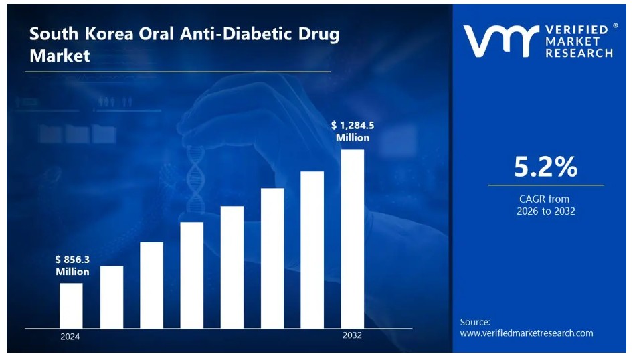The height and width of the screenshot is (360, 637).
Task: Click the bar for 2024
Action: click(71, 305)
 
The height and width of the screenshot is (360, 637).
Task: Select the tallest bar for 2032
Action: click(352, 238)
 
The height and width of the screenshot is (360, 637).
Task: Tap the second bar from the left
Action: click(112, 296)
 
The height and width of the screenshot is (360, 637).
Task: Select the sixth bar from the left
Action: click(272, 258)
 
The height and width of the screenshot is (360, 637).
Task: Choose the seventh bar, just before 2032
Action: click(312, 249)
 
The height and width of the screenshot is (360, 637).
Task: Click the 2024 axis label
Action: click(70, 336)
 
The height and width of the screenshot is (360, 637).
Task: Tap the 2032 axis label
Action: click(352, 335)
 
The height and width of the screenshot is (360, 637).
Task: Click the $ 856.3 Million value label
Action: click(72, 266)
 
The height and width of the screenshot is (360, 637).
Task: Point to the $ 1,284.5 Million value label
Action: click(353, 131)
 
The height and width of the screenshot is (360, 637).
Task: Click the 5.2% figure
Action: click(545, 167)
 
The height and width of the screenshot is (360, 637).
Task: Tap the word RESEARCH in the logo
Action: click(579, 53)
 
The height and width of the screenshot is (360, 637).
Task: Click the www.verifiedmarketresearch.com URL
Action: click(527, 333)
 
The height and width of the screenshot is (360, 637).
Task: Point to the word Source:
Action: click(475, 322)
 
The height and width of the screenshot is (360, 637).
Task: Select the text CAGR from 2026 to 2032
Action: click(545, 205)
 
